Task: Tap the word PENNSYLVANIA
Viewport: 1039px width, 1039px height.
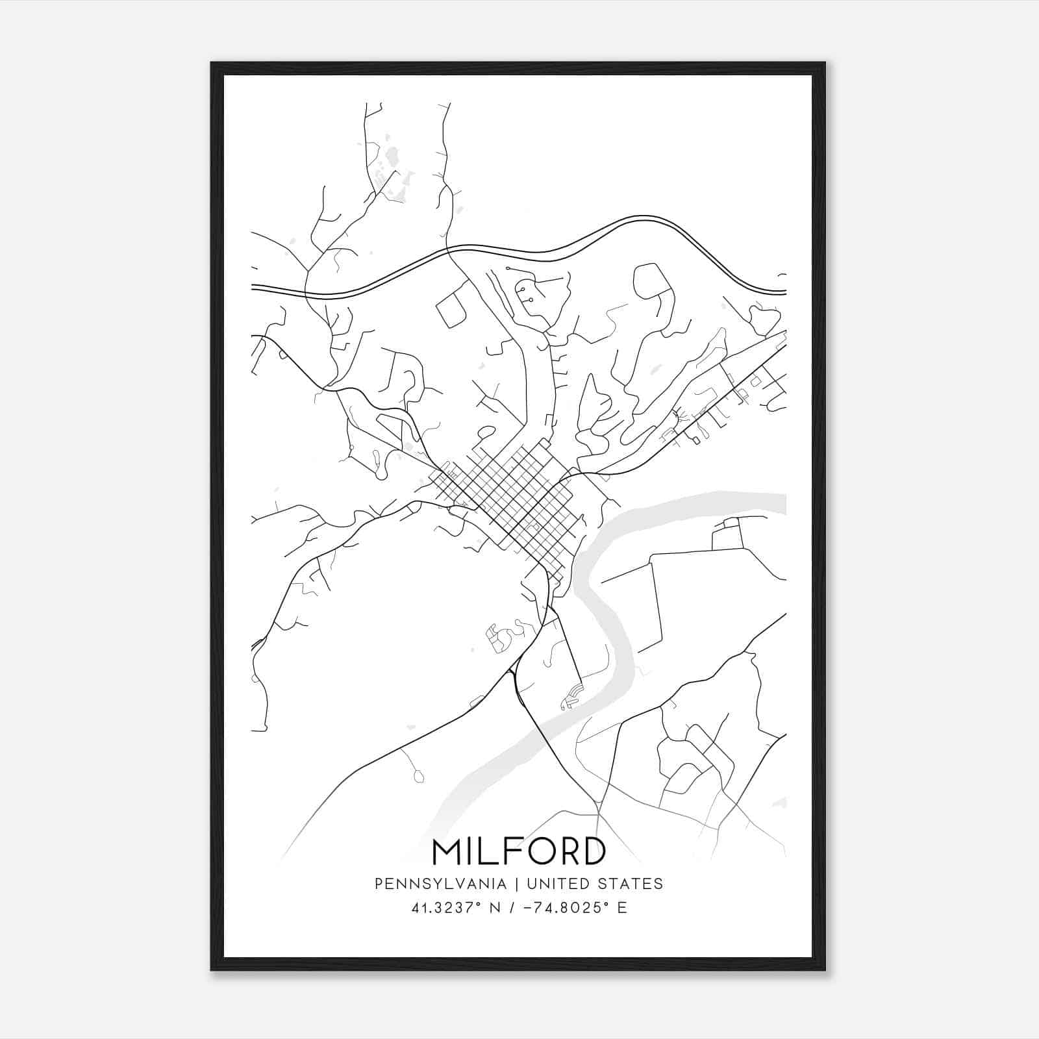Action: (440, 884)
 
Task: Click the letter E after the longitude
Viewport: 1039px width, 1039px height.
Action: (622, 908)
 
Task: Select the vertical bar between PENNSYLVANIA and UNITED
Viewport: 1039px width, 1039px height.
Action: (517, 884)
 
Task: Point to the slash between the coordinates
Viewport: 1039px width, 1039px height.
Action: (513, 908)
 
